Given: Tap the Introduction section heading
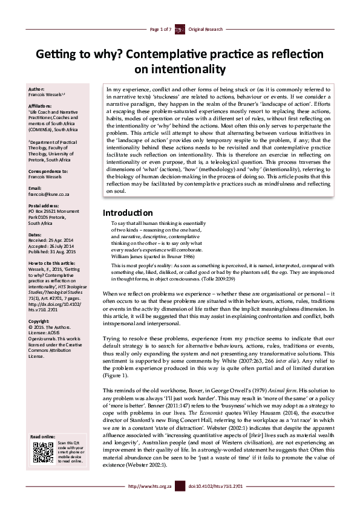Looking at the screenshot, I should tap(127, 213).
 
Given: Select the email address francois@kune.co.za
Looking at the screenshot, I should tap(50, 195).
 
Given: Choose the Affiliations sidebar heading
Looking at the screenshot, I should tap(42, 105).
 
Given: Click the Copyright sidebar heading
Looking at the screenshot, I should tap(39, 321).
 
